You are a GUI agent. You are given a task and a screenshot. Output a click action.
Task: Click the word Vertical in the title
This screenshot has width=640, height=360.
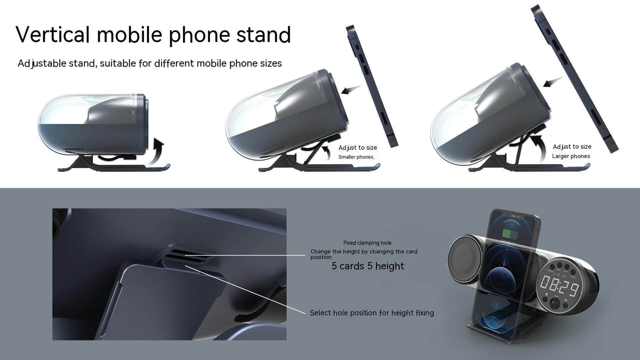pos(53,35)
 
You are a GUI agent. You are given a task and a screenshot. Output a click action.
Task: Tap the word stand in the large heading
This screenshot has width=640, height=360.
pos(264,35)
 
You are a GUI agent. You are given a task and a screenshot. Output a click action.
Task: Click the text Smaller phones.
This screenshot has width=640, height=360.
pos(356,157)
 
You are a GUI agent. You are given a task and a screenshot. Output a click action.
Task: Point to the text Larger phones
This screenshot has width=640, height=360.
pos(571,156)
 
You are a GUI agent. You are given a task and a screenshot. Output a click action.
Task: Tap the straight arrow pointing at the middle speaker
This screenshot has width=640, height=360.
pos(351,90)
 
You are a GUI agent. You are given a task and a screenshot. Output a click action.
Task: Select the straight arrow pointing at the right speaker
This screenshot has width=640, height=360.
pos(552,82)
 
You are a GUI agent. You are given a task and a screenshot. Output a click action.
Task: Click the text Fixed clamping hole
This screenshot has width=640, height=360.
pos(367,243)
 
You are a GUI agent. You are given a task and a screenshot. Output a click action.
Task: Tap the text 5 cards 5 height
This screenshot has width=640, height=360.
pos(368,266)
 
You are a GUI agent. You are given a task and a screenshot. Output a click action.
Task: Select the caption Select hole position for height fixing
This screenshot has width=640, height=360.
pos(372,313)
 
